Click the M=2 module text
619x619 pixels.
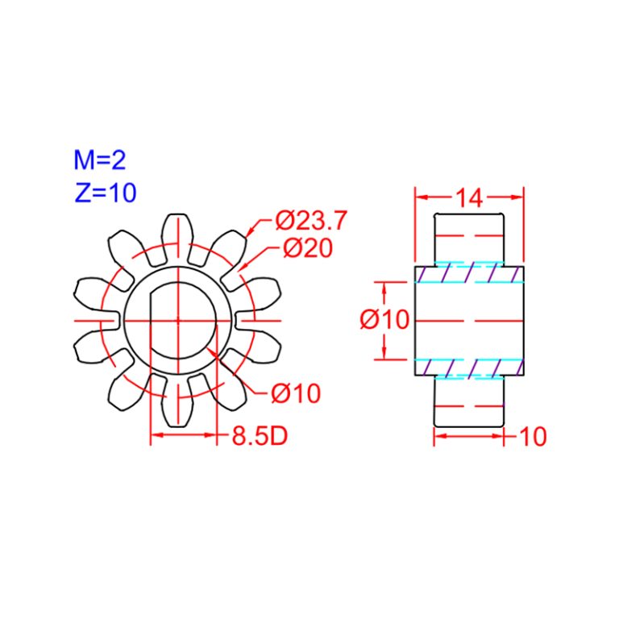[100, 160]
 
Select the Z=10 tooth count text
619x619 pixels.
[105, 192]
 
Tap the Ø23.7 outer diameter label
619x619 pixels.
[310, 219]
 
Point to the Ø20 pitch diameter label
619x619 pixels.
[307, 248]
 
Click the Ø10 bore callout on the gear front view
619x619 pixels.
[295, 393]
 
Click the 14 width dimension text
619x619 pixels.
[468, 197]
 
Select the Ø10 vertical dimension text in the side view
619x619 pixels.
[385, 320]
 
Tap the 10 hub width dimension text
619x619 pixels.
[533, 436]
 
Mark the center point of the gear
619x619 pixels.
[178, 320]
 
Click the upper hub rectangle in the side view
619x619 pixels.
[469, 238]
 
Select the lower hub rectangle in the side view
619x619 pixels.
[469, 401]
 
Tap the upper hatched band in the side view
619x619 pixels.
[469, 274]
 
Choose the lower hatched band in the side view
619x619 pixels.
[469, 367]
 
